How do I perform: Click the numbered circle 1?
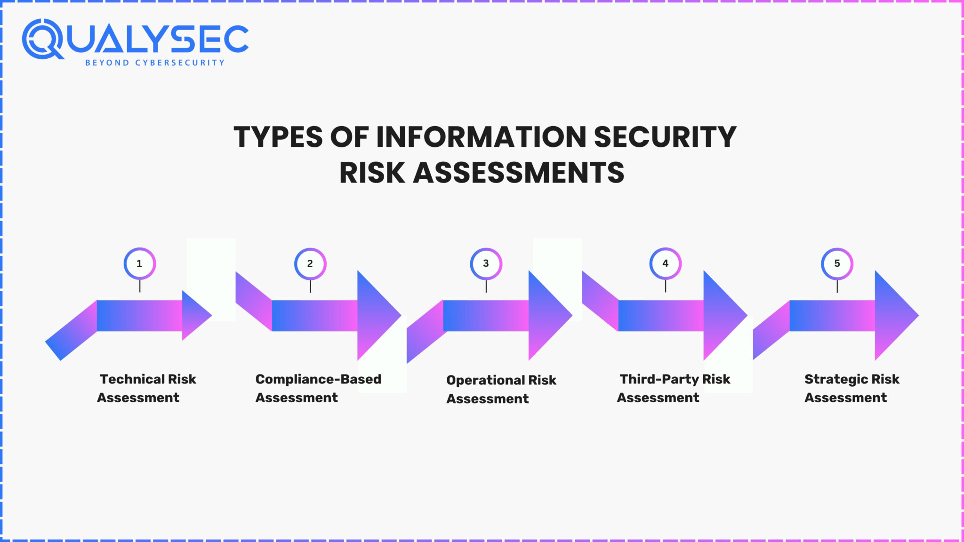click(139, 263)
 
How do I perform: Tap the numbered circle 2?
click(310, 263)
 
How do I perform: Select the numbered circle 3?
click(486, 263)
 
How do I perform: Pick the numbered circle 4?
click(665, 263)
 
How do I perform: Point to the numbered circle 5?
click(837, 263)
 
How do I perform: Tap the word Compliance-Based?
click(318, 379)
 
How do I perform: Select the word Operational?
click(485, 380)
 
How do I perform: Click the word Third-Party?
click(659, 379)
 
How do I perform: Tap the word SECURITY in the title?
click(665, 137)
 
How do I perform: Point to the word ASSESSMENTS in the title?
click(518, 173)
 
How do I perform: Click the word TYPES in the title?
click(278, 137)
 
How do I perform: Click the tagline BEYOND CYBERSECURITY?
click(155, 63)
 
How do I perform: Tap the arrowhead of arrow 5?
click(894, 315)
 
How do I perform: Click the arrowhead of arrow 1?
click(195, 315)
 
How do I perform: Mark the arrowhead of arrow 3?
click(547, 315)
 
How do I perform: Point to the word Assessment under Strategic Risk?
click(845, 398)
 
